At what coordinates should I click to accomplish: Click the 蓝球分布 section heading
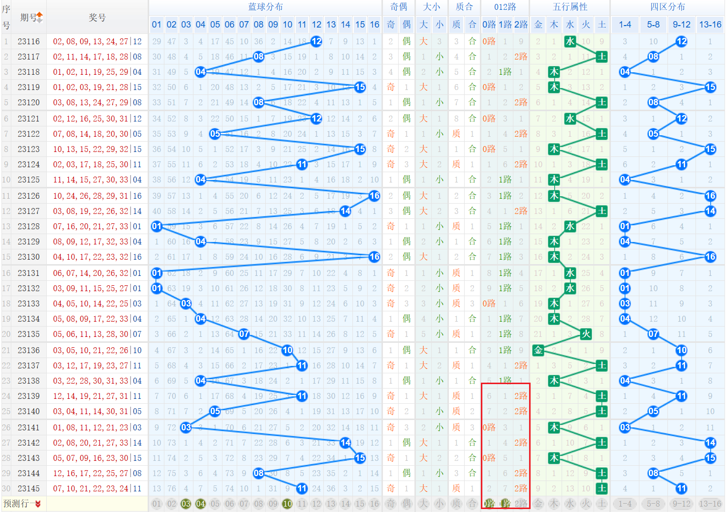(x=265, y=7)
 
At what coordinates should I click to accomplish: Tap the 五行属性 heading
(x=570, y=7)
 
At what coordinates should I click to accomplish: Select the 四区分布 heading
(x=667, y=7)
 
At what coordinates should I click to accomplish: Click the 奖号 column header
(x=97, y=17)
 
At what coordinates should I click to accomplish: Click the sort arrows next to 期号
(x=39, y=18)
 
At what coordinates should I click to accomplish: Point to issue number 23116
(x=29, y=42)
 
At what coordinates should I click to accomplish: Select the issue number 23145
(x=29, y=488)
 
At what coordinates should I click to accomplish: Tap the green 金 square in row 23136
(x=538, y=350)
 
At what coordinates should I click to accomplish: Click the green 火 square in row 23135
(x=586, y=334)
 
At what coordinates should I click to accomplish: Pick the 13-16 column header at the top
(x=710, y=25)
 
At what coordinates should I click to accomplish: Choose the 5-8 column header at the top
(x=653, y=25)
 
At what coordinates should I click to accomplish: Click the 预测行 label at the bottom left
(x=22, y=504)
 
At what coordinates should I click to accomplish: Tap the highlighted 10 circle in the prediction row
(x=287, y=504)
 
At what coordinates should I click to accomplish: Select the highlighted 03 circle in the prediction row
(x=186, y=504)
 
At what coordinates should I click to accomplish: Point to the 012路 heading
(x=505, y=7)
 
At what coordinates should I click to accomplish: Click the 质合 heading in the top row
(x=464, y=7)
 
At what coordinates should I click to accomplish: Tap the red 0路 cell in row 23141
(x=489, y=427)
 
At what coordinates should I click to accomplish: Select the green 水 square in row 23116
(x=570, y=42)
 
